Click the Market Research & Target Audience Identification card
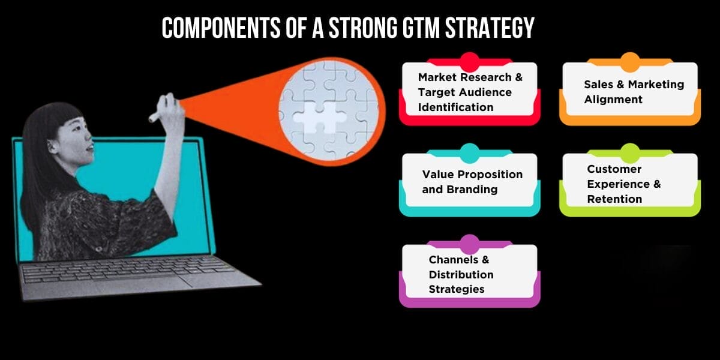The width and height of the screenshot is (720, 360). [469, 92]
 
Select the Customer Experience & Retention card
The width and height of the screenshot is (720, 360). [629, 184]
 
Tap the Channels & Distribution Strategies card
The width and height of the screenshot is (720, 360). [469, 274]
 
